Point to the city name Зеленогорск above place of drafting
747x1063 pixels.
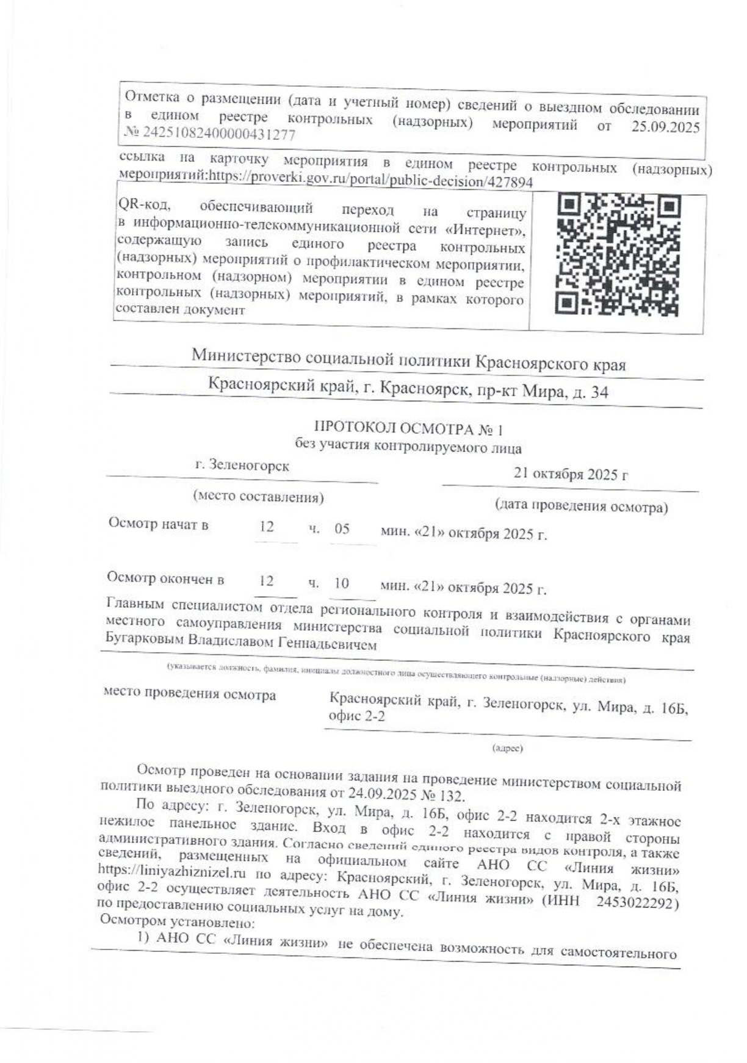point(242,466)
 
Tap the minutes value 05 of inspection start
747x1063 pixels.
point(342,528)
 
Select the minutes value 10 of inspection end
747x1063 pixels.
point(342,583)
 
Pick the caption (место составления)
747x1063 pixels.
point(258,497)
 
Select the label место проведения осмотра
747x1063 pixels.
point(190,694)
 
